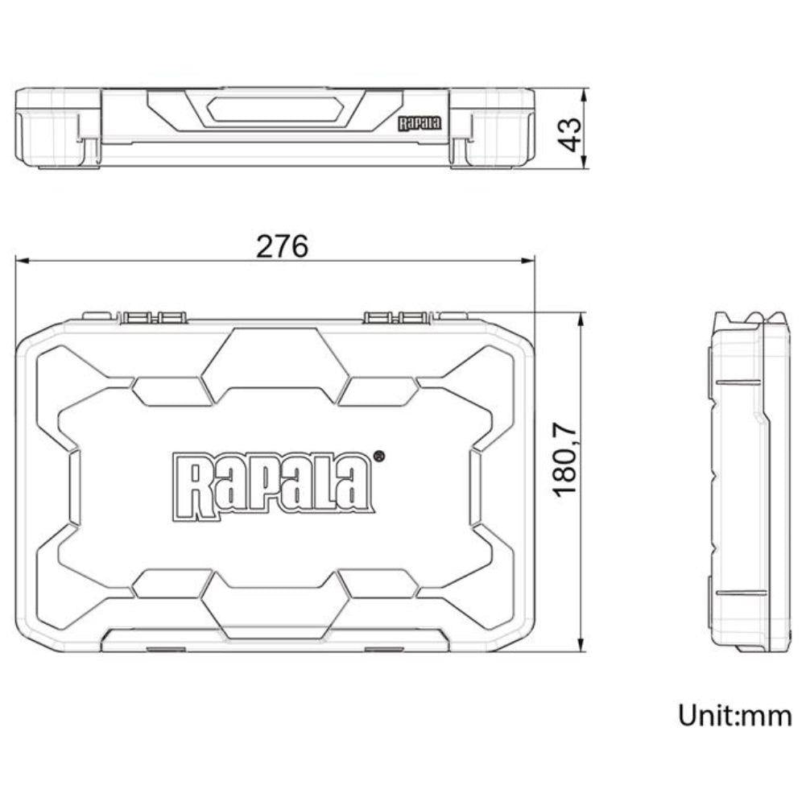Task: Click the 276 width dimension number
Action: (282, 246)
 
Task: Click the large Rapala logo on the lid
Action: (275, 483)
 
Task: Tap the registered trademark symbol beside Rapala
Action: (379, 456)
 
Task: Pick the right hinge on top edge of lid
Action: (397, 317)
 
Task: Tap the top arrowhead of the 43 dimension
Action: (589, 91)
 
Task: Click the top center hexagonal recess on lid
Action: (275, 355)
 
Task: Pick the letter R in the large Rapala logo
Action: (188, 488)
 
